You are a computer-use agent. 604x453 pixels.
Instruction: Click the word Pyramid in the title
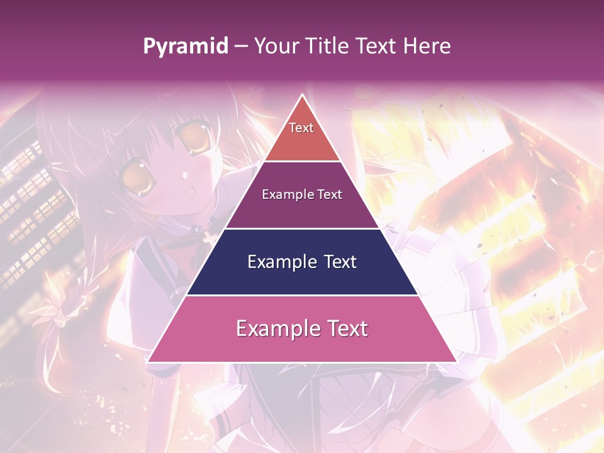tap(186, 47)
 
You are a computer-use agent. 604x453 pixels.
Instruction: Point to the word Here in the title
tap(427, 47)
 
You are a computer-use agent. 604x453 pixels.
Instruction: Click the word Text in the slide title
tap(377, 47)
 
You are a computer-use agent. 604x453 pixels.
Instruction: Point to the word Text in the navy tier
tap(339, 262)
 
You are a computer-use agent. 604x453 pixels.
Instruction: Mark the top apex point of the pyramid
tap(302, 94)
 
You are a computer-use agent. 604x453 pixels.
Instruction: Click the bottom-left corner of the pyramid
tap(147, 362)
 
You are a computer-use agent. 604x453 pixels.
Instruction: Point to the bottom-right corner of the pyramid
tap(457, 362)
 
